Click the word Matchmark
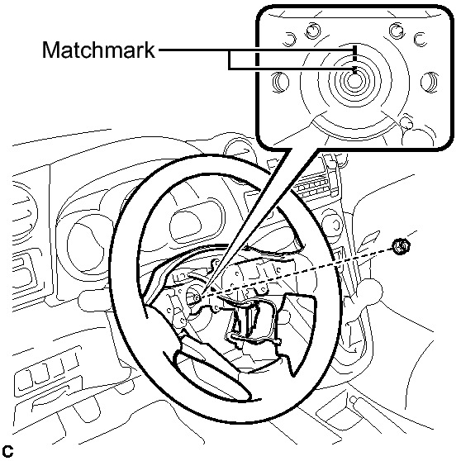pos(98,50)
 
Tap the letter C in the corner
pos(7,452)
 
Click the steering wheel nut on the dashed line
pos(402,247)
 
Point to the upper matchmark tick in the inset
pos(355,53)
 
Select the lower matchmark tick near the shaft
pos(355,70)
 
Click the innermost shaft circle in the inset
pos(354,81)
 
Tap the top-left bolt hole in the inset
pos(313,31)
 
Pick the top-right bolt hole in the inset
pos(397,30)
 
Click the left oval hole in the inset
pos(280,83)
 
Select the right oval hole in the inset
pos(430,83)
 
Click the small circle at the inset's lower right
pos(407,123)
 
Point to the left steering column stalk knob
pos(88,299)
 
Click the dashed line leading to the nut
pos(297,273)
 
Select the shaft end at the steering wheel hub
pos(197,297)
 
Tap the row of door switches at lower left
pos(48,371)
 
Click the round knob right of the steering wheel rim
pos(332,225)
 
